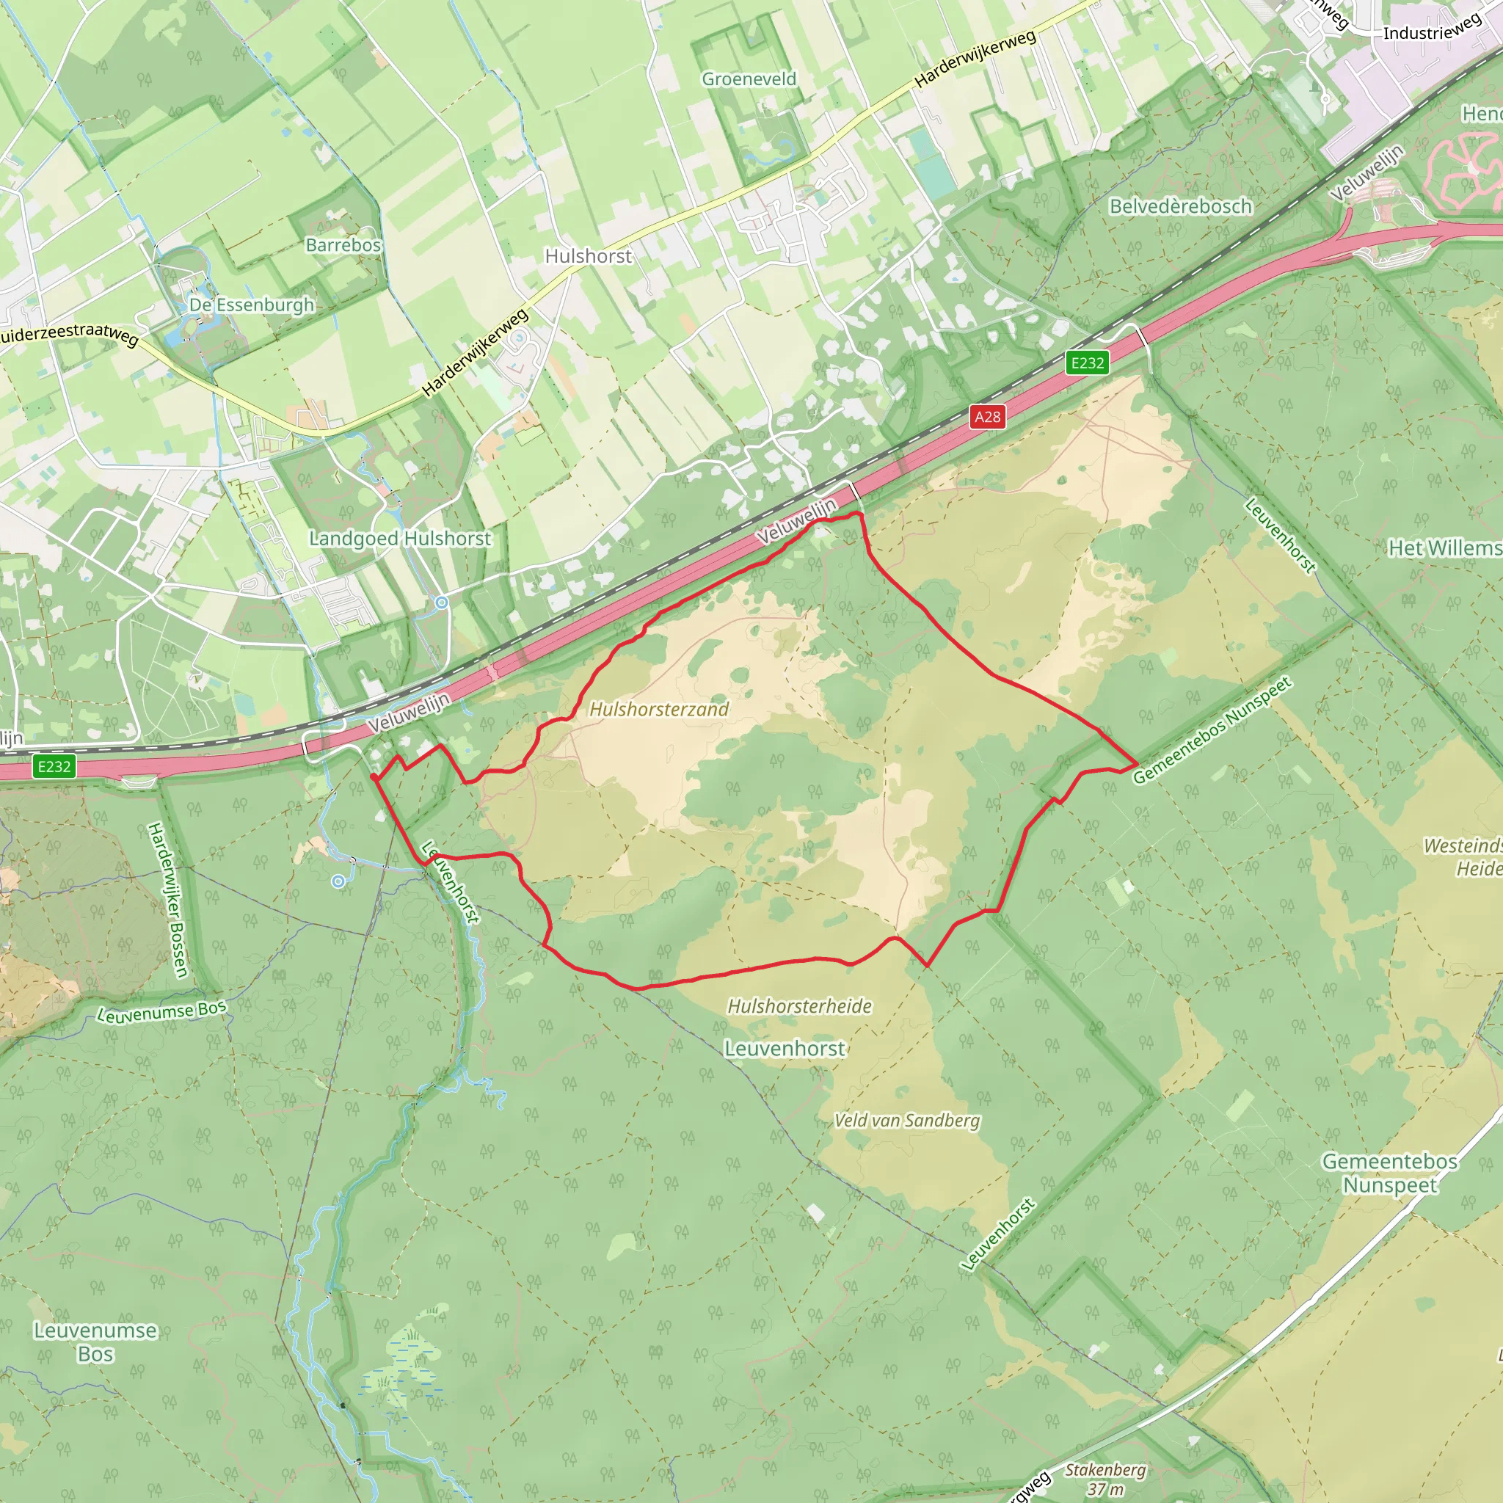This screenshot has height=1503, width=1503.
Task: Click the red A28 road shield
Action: pyautogui.click(x=987, y=417)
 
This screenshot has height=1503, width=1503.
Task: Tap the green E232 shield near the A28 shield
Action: pyautogui.click(x=1087, y=363)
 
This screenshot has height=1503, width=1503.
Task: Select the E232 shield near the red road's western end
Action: pyautogui.click(x=54, y=766)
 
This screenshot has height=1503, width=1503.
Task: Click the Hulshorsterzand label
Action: pyautogui.click(x=659, y=709)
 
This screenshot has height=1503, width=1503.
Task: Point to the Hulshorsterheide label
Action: pyautogui.click(x=800, y=1006)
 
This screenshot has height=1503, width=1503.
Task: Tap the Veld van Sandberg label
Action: pyautogui.click(x=907, y=1120)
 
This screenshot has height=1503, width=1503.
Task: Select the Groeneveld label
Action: pyautogui.click(x=749, y=79)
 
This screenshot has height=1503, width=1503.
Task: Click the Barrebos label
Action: pyautogui.click(x=343, y=245)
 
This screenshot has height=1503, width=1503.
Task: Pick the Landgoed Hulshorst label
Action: pyautogui.click(x=400, y=539)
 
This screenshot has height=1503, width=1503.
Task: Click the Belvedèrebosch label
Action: pyautogui.click(x=1181, y=206)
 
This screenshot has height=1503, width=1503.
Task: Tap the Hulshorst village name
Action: pyautogui.click(x=588, y=256)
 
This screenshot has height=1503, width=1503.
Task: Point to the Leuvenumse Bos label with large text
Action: pyautogui.click(x=95, y=1342)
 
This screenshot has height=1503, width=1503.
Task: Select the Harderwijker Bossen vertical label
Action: pyautogui.click(x=168, y=899)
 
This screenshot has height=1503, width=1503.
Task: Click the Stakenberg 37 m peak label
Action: pyautogui.click(x=1104, y=1479)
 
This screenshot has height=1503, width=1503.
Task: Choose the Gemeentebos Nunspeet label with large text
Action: pyautogui.click(x=1390, y=1173)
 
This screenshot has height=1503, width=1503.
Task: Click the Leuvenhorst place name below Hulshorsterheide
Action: pyautogui.click(x=785, y=1049)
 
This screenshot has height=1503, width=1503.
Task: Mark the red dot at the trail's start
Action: pyautogui.click(x=374, y=777)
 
